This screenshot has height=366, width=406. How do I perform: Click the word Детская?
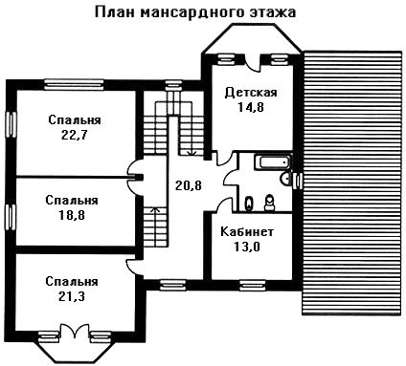251,93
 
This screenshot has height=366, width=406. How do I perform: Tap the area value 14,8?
250,107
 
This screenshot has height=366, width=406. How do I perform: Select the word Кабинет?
247,231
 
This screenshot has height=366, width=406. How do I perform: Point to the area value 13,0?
247,247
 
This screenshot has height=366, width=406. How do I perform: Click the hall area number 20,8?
189,185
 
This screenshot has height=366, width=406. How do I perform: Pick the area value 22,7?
74,135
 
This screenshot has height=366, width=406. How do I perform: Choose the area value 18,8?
72,215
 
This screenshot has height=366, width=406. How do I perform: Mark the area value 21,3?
72,296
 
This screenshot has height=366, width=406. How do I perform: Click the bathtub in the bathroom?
273,162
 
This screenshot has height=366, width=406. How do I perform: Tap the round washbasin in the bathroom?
286,179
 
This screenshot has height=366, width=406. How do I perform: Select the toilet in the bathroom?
270,203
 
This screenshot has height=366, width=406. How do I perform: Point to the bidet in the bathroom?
248,204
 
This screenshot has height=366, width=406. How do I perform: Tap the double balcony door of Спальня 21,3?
75,332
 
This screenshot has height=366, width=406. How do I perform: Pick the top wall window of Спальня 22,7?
74,83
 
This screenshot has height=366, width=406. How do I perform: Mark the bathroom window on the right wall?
298,181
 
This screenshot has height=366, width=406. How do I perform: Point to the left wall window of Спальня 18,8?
11,217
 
